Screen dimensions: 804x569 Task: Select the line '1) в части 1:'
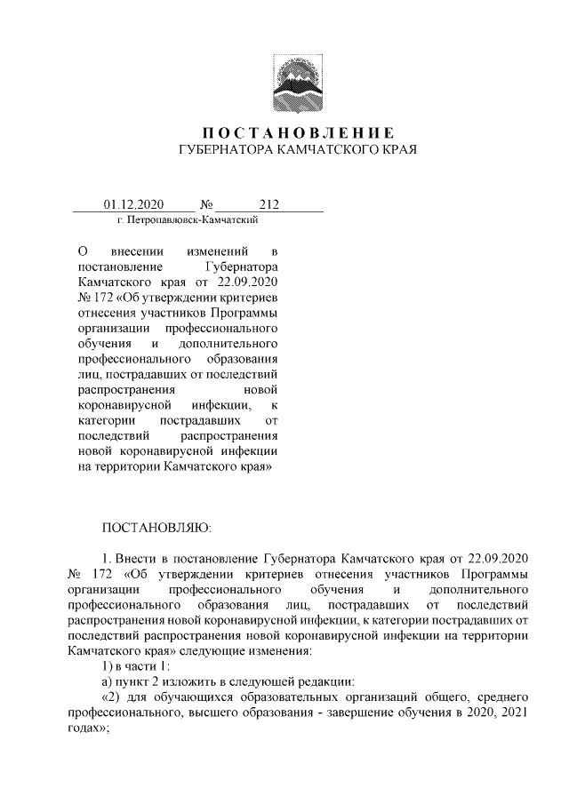coord(134,665)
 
